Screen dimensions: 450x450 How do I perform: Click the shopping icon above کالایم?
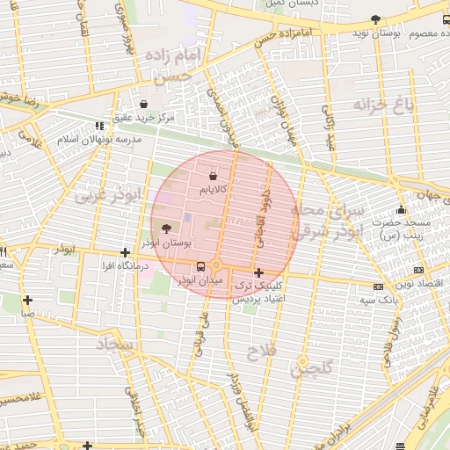(214, 177)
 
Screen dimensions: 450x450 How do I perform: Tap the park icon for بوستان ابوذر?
(167, 229)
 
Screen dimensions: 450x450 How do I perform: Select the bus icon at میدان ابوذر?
(201, 266)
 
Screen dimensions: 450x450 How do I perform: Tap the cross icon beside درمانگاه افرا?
(125, 252)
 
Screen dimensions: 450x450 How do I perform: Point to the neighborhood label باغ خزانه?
(382, 105)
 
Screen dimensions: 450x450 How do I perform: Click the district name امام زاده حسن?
(177, 67)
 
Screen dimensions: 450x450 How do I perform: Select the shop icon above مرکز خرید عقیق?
(143, 104)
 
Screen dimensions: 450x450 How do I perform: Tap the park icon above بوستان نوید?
(376, 19)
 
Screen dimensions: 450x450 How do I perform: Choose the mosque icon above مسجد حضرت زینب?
(402, 210)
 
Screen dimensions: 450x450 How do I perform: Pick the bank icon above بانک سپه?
(378, 287)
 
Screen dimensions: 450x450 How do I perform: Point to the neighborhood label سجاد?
(115, 344)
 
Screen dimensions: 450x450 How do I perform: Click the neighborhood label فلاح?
(264, 352)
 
